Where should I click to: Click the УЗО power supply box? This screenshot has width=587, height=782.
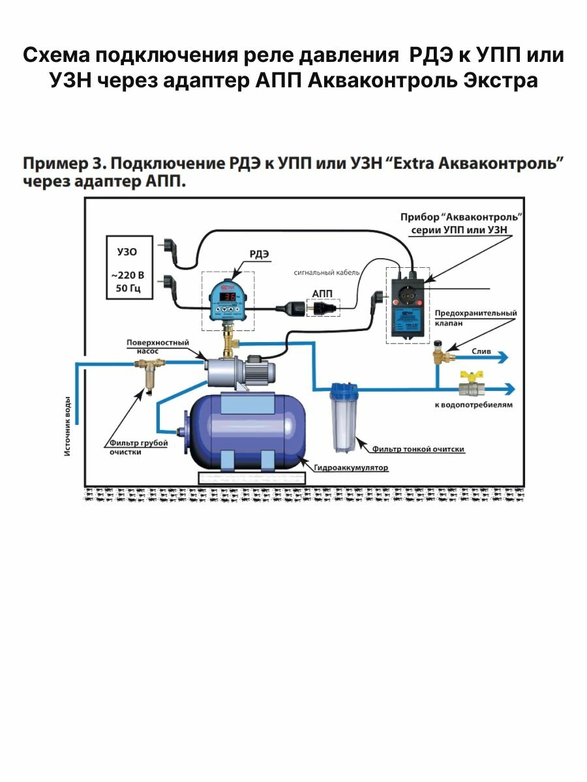129,267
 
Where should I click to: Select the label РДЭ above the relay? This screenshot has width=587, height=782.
259,254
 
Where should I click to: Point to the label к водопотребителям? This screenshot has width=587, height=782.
473,405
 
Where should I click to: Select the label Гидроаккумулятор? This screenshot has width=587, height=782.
350,468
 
